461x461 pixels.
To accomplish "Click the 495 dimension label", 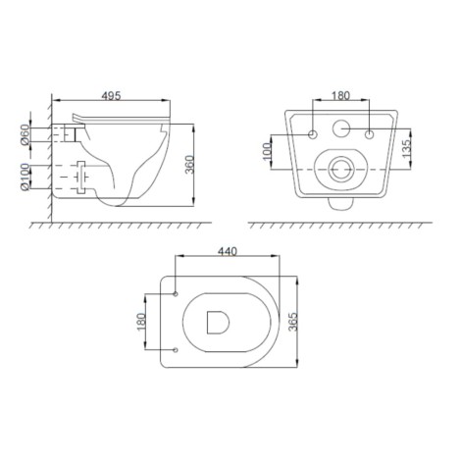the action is point(111,95).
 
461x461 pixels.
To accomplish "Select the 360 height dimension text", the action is point(189,165).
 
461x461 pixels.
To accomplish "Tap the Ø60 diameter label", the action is point(25,134).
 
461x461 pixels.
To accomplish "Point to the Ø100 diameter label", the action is point(25,177).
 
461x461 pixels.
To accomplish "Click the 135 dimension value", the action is point(406,149).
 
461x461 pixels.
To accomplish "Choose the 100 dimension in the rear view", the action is point(268,151).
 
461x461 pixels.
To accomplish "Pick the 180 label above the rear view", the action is point(340,95).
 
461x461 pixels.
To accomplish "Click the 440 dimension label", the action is point(228,251).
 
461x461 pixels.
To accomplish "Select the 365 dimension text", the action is point(293,322).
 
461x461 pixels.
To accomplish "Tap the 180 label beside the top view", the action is point(141,322).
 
